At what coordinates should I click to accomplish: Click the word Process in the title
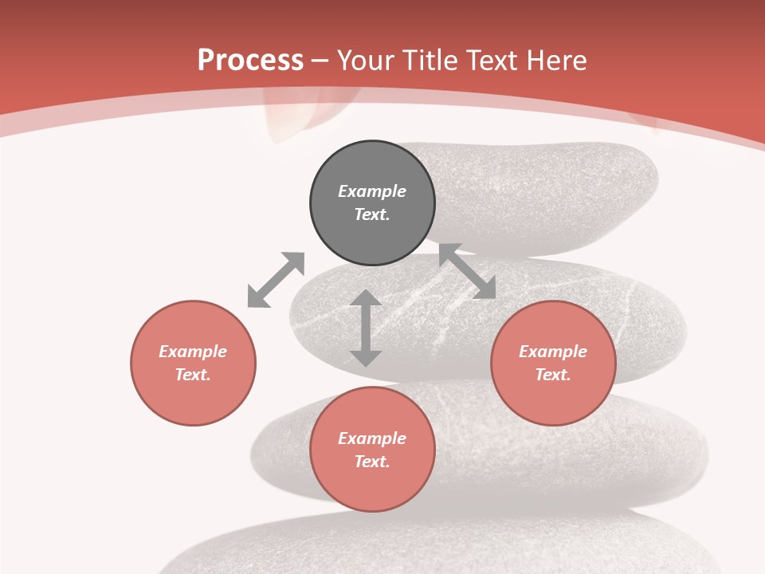(x=250, y=61)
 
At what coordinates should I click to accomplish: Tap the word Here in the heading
(x=555, y=61)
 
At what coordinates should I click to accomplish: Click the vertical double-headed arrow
(x=366, y=328)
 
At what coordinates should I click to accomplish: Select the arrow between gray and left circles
(x=276, y=280)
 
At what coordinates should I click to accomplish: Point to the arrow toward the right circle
(x=467, y=272)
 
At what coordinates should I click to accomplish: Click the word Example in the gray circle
(x=372, y=191)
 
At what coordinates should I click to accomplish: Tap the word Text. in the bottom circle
(x=372, y=462)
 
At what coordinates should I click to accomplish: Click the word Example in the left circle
(x=193, y=352)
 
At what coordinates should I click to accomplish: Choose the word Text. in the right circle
(x=553, y=375)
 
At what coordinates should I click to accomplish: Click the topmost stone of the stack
(x=550, y=191)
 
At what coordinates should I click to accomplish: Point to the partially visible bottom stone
(x=446, y=546)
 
